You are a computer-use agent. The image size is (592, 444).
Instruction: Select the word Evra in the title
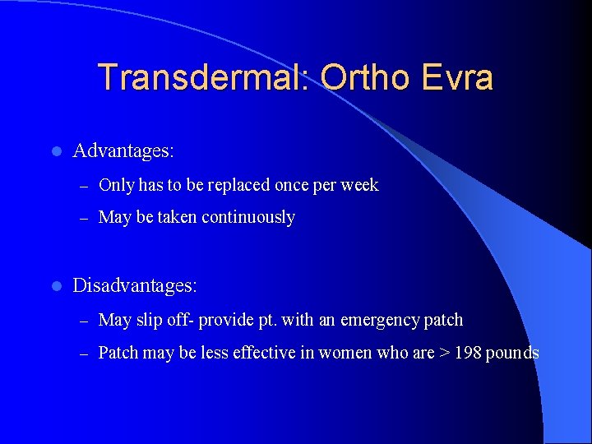click(456, 77)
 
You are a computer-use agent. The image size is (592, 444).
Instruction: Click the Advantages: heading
click(123, 151)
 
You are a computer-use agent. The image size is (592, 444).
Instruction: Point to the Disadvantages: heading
click(135, 286)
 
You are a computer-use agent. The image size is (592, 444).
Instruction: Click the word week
click(360, 185)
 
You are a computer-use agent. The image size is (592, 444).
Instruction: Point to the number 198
click(466, 353)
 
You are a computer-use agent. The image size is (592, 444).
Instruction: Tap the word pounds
click(512, 353)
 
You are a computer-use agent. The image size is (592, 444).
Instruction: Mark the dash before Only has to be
click(82, 186)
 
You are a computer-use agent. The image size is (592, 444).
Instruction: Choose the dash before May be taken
click(82, 219)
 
